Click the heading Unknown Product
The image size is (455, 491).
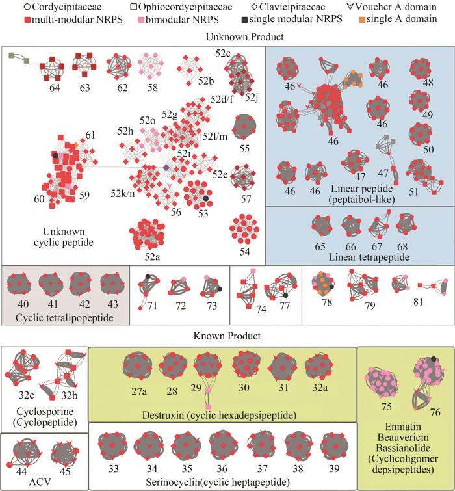pyautogui.click(x=227, y=38)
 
